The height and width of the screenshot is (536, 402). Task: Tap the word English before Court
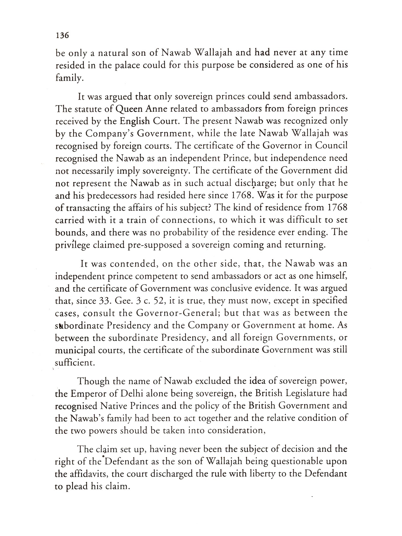(x=135, y=121)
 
